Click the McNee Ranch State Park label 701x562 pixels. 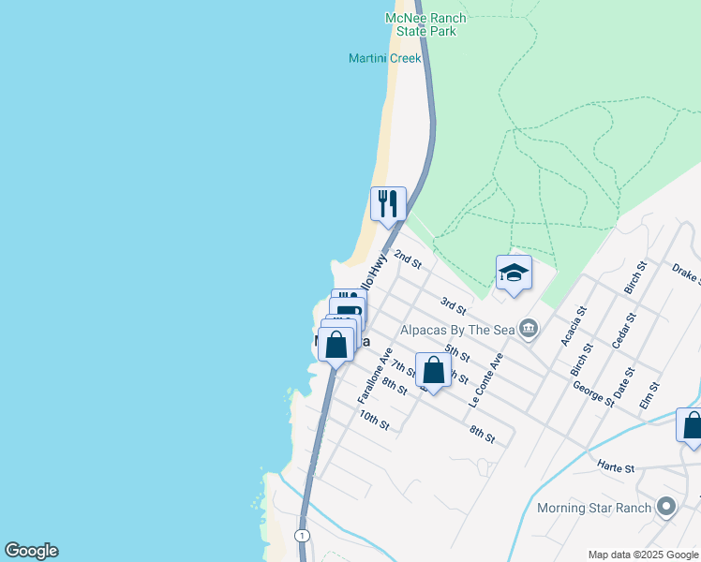tap(419, 24)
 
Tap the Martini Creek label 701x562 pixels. tap(384, 59)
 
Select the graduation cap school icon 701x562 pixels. tap(514, 274)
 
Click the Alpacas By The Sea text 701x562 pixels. tap(459, 329)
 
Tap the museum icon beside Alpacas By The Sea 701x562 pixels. tap(529, 328)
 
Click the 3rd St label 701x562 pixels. tap(454, 305)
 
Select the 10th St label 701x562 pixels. tap(373, 419)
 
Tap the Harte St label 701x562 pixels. tap(616, 466)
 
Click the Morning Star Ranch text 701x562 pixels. tap(595, 509)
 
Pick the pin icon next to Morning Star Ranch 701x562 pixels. tap(666, 508)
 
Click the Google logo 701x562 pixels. tap(31, 551)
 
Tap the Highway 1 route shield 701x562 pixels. tap(302, 535)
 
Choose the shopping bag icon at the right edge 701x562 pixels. tap(691, 424)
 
